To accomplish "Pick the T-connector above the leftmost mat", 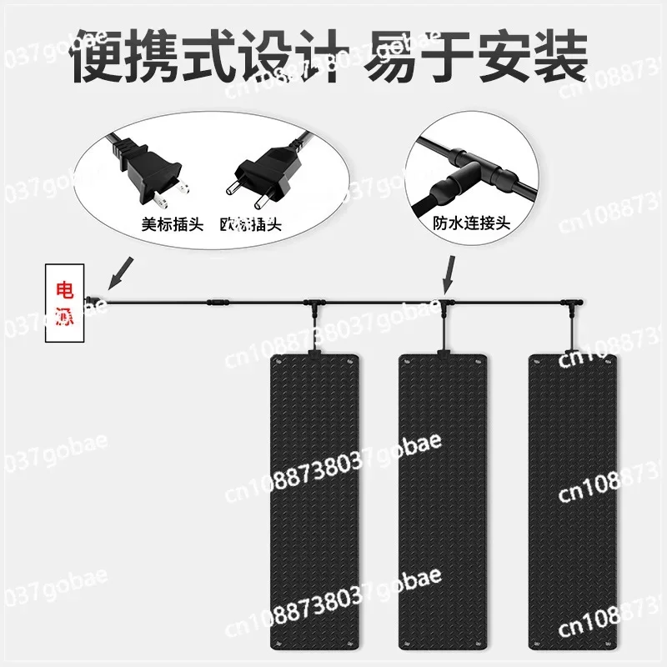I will coord(313,302).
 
